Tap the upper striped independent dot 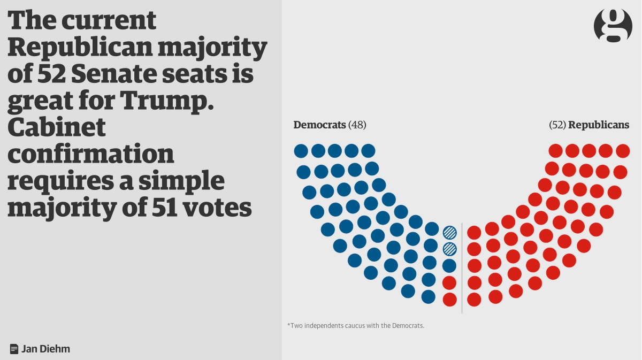(449, 232)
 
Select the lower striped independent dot (449, 249)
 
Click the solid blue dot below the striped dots (449, 265)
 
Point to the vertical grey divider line (462, 267)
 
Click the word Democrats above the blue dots (319, 125)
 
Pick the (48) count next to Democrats (357, 125)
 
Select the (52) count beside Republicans (557, 125)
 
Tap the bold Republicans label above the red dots (599, 125)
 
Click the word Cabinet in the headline (57, 127)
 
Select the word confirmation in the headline (91, 154)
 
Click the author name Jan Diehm (46, 349)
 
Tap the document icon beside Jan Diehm (14, 349)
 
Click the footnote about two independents (356, 325)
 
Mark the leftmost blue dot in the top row (301, 151)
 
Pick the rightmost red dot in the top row (623, 151)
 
